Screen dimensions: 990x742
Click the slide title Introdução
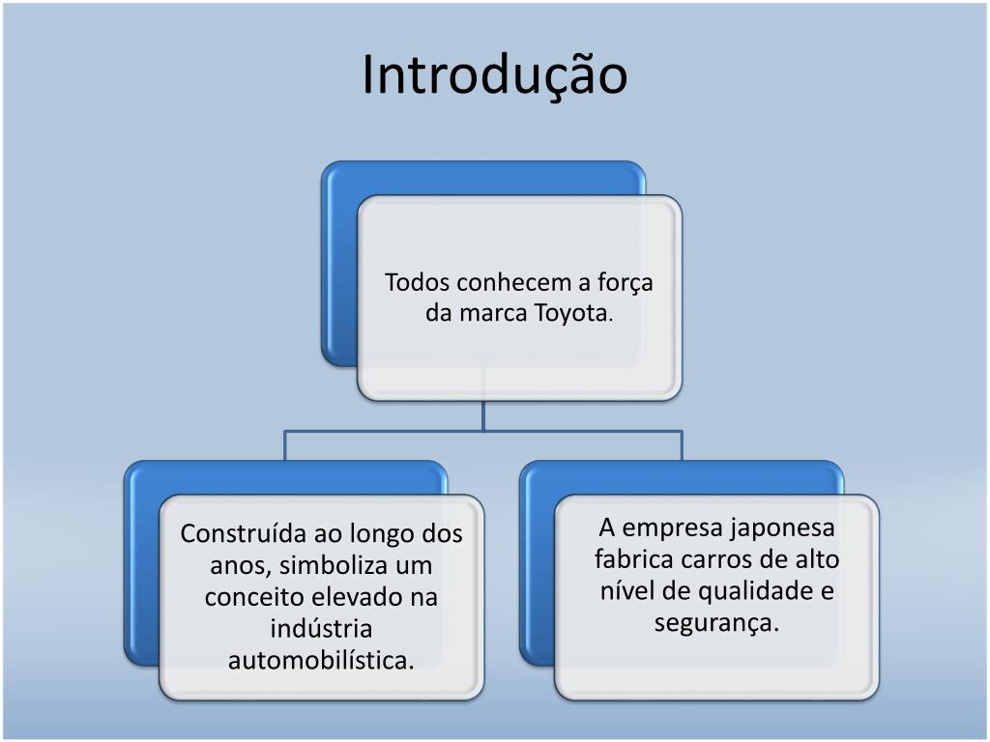(494, 74)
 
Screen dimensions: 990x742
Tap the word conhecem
(515, 283)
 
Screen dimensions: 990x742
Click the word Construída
(243, 533)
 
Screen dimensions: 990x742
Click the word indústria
(321, 628)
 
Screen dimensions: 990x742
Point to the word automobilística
(321, 661)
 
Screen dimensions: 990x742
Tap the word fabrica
(633, 559)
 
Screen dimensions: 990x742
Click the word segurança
(716, 623)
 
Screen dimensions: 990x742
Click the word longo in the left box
(385, 533)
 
